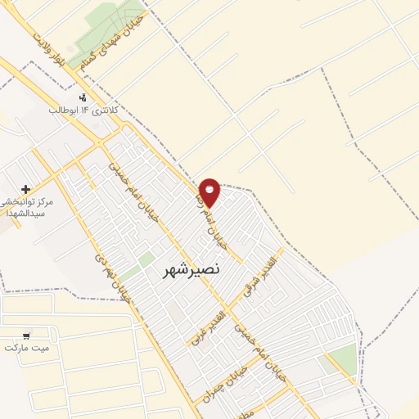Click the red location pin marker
tap(210, 191)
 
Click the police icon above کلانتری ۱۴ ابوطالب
tap(83, 97)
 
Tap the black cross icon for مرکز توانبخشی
tap(26, 189)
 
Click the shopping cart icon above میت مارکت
tap(27, 334)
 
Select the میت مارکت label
tap(27, 347)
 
